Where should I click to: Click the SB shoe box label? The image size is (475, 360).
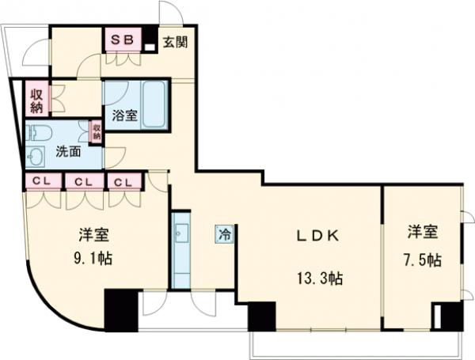[122, 40]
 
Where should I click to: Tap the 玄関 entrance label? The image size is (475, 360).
[176, 43]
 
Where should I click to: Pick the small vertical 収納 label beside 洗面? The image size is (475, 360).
[96, 131]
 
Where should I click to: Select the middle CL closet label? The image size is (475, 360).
[82, 182]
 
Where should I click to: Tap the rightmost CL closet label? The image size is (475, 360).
[123, 182]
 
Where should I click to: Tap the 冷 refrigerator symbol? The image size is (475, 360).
[225, 234]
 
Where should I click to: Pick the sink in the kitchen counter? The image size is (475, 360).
[181, 233]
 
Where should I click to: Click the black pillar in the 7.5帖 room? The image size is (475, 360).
[450, 316]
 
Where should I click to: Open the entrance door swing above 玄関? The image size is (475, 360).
[170, 13]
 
